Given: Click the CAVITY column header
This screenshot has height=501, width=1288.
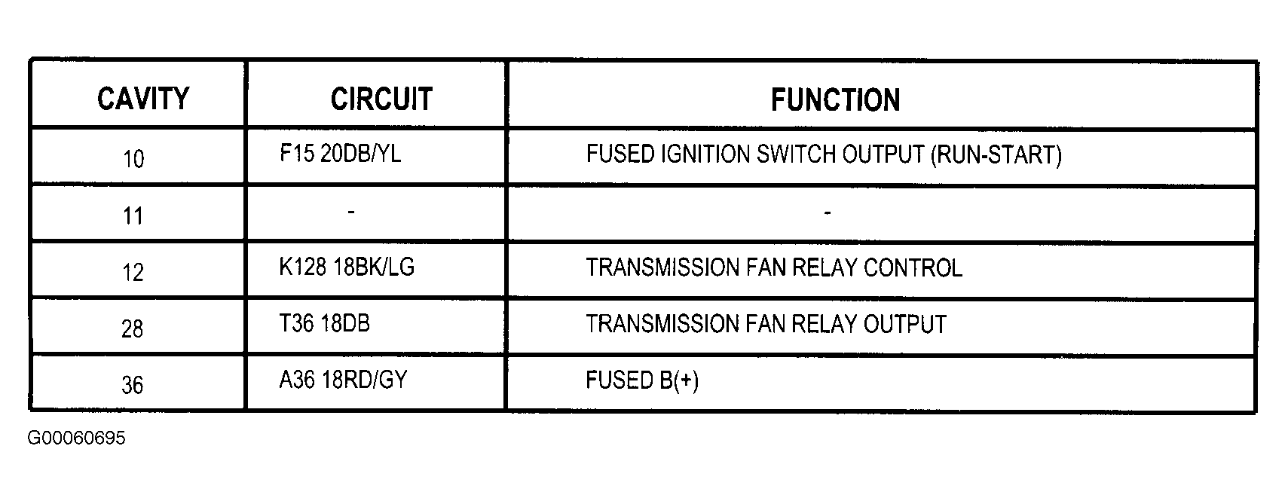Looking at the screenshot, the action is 143,99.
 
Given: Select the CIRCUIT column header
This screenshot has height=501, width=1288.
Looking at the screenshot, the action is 381,99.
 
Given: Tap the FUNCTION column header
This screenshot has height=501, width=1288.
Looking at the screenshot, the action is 836,100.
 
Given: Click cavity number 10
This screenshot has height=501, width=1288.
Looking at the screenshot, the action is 133,159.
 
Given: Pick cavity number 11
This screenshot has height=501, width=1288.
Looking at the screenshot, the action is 133,216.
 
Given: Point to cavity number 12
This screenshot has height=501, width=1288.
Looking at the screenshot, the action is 133,272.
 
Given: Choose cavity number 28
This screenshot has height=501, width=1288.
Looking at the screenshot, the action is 132,329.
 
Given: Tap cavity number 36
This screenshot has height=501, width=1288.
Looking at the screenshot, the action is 132,385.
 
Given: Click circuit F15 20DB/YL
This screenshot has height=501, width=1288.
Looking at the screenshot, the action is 341,154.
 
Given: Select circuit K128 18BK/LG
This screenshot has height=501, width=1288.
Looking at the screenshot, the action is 347,267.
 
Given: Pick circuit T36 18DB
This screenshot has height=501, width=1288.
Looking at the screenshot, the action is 324,323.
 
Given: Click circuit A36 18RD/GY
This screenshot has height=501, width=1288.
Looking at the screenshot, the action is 343,380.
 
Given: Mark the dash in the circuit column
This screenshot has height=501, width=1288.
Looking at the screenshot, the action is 351,212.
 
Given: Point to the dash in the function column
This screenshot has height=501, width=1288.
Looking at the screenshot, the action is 828,213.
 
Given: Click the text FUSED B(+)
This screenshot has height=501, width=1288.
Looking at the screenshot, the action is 642,380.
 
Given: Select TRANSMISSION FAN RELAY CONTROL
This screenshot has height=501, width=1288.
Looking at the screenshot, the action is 774,267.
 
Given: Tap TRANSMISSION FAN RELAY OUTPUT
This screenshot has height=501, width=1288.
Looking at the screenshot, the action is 766,324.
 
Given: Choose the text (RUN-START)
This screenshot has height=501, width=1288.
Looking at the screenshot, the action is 996,155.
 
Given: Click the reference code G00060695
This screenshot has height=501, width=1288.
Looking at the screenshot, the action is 76,438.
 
